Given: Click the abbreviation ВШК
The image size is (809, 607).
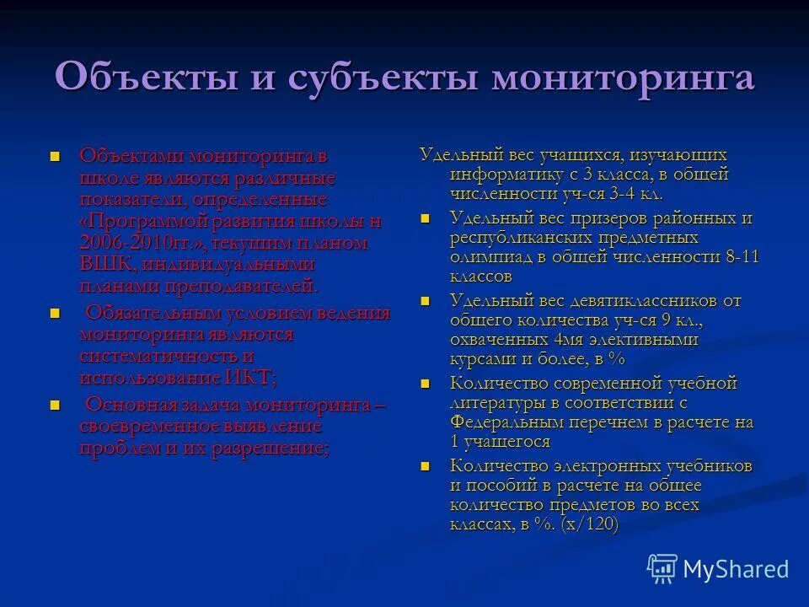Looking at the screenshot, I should [103, 265].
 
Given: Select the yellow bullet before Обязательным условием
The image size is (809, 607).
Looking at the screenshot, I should [56, 314].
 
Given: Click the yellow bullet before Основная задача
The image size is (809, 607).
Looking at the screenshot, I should [56, 406].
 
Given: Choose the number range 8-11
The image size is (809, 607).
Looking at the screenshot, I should [742, 257].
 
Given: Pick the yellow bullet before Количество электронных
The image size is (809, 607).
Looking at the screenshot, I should [426, 465].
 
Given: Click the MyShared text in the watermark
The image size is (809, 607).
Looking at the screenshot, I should [736, 568].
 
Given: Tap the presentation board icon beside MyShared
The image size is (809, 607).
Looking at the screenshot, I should [663, 569].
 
